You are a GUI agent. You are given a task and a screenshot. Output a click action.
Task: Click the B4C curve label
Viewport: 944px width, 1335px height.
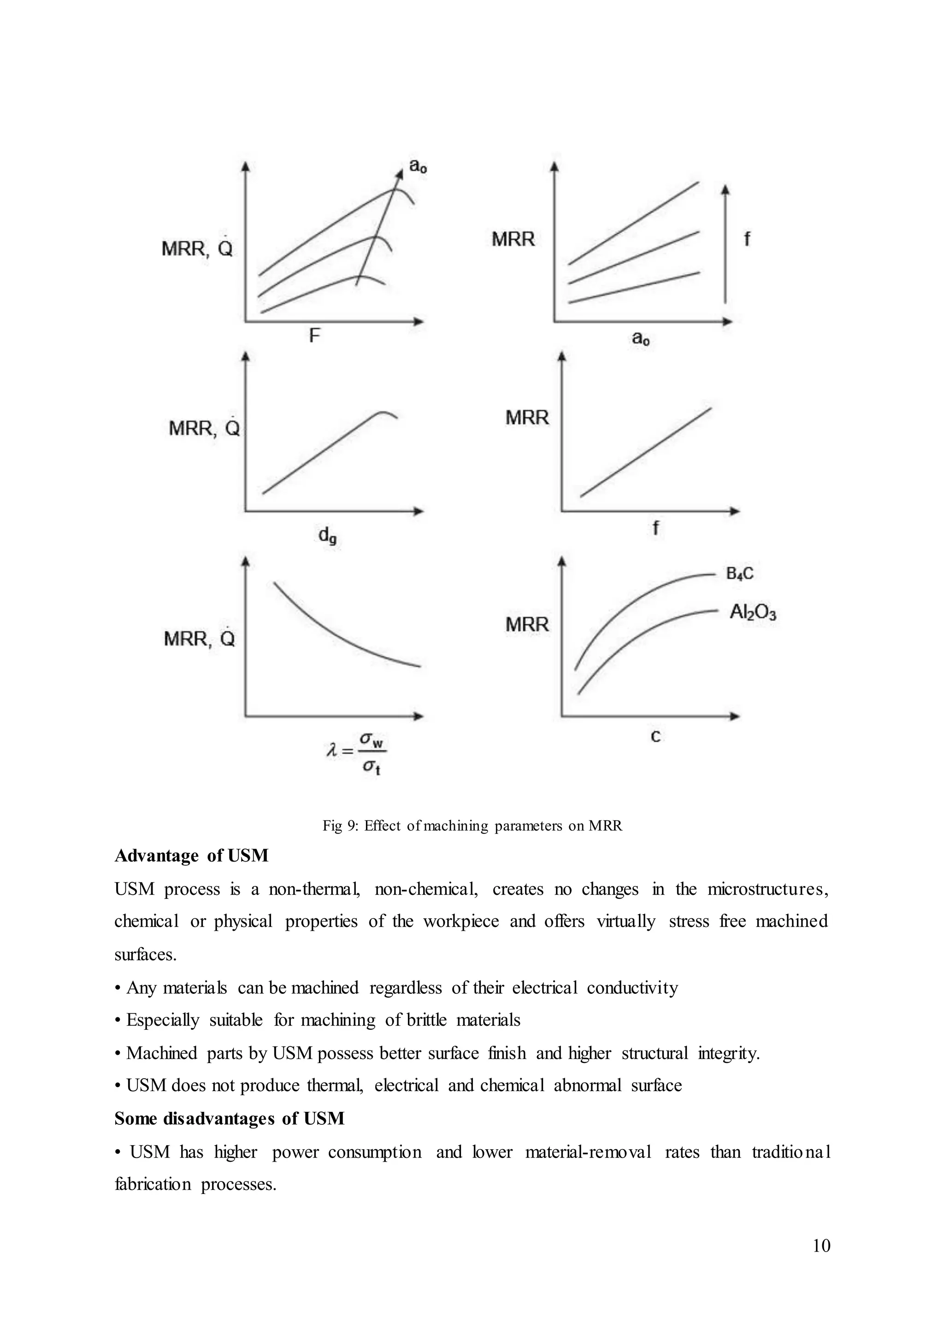[739, 574]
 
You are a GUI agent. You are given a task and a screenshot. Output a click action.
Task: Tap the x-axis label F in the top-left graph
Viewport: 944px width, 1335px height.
[314, 336]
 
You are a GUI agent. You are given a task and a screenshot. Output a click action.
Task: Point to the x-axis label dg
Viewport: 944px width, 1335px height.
[327, 536]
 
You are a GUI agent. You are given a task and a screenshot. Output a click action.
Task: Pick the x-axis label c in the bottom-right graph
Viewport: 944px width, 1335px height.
[655, 736]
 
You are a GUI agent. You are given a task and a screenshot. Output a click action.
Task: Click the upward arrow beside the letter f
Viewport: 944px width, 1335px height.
[726, 244]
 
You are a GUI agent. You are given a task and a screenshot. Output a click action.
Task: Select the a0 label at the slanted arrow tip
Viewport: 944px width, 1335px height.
[418, 166]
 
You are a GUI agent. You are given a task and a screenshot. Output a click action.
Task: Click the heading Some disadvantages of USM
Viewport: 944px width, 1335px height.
[229, 1118]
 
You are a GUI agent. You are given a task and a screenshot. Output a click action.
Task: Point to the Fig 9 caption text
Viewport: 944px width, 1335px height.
[472, 826]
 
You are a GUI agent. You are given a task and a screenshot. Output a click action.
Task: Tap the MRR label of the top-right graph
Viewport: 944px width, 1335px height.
[513, 239]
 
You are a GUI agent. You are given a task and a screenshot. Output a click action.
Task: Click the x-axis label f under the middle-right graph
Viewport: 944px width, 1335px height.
[656, 527]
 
